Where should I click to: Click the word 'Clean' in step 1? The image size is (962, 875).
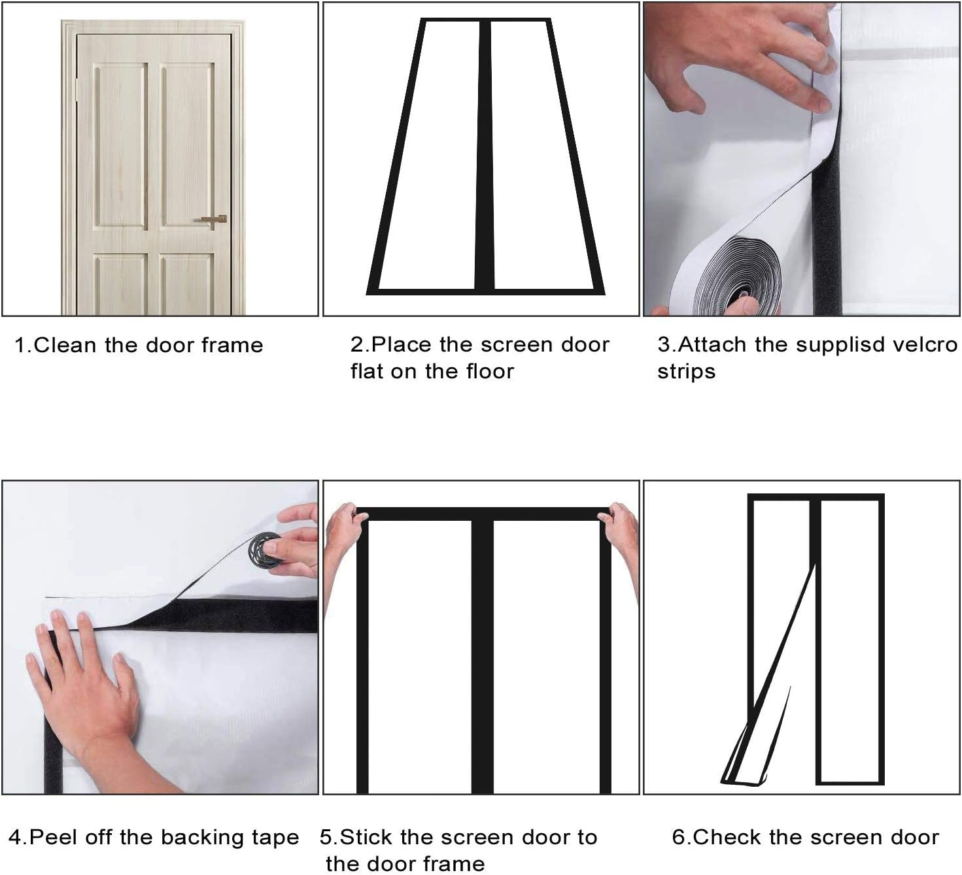tap(66, 345)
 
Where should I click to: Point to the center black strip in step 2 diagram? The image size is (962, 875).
tap(484, 157)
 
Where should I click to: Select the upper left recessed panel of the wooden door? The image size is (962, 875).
tap(122, 144)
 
